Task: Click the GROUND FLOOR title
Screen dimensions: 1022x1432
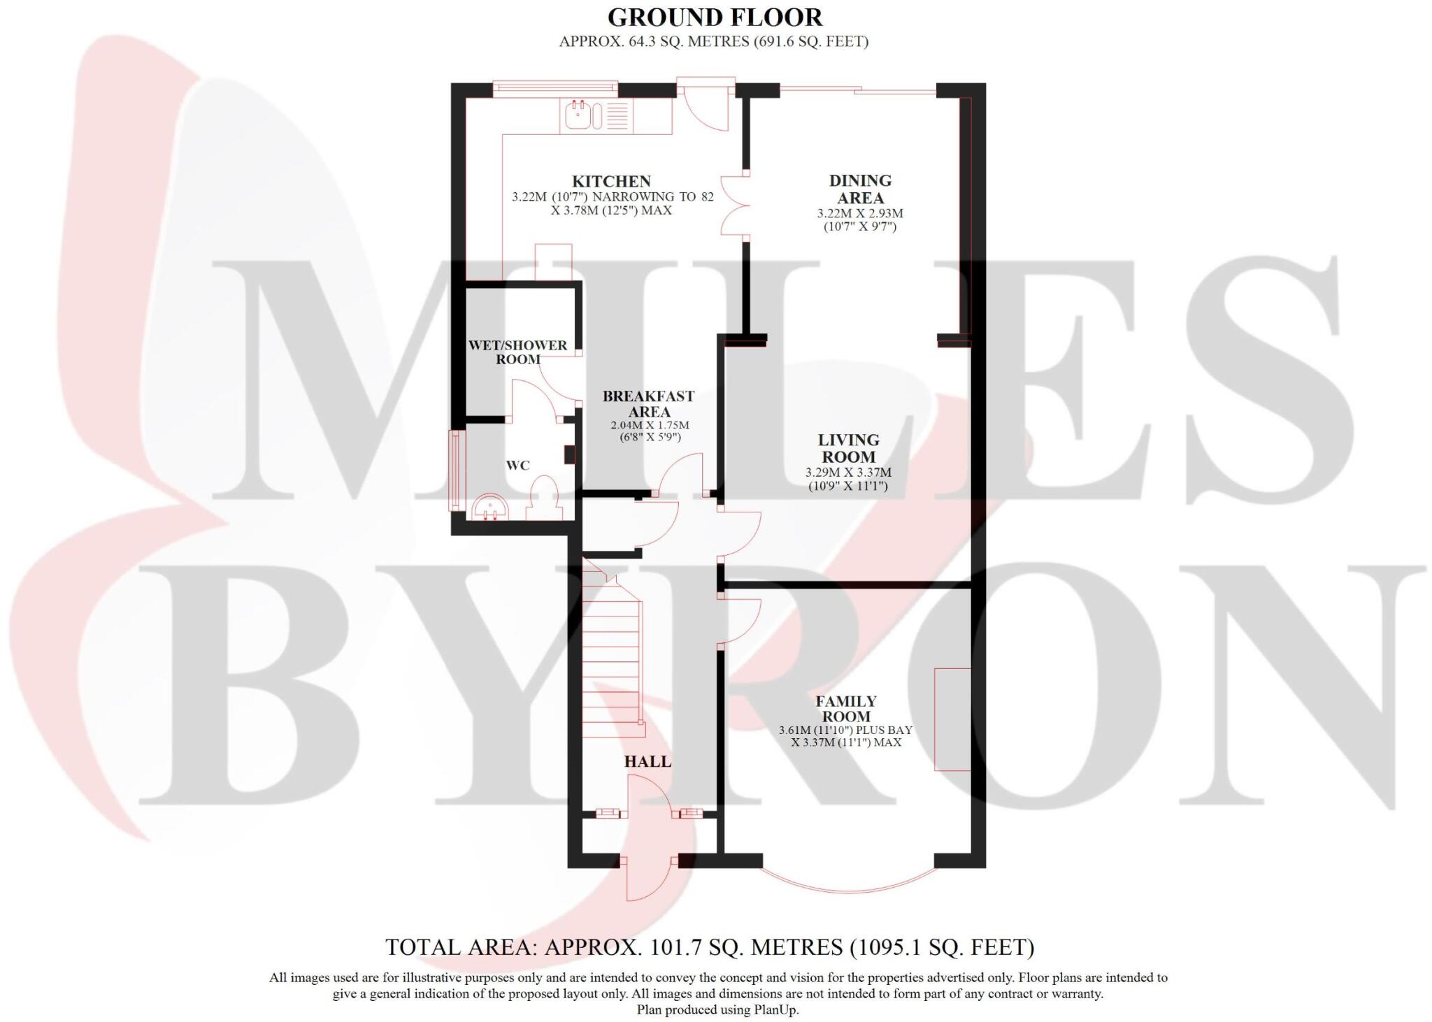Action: (x=714, y=17)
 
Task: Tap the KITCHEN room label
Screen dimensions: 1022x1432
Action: (x=611, y=181)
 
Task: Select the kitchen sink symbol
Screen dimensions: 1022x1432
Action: (x=580, y=115)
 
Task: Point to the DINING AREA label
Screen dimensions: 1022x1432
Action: (x=860, y=189)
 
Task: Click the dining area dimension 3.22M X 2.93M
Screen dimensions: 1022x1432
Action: (x=860, y=213)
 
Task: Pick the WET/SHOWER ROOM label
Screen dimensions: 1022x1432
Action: (x=517, y=352)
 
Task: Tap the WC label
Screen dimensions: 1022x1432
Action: (x=517, y=466)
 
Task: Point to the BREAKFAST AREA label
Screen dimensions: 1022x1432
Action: (x=648, y=403)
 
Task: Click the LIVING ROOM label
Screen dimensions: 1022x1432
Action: (x=848, y=448)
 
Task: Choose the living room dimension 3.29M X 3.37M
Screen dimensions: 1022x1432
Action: (x=848, y=473)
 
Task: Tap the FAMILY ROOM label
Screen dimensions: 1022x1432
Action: (x=845, y=708)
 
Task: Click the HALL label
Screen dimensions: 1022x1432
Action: (x=647, y=761)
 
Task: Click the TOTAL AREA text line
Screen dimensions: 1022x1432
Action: (x=709, y=947)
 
